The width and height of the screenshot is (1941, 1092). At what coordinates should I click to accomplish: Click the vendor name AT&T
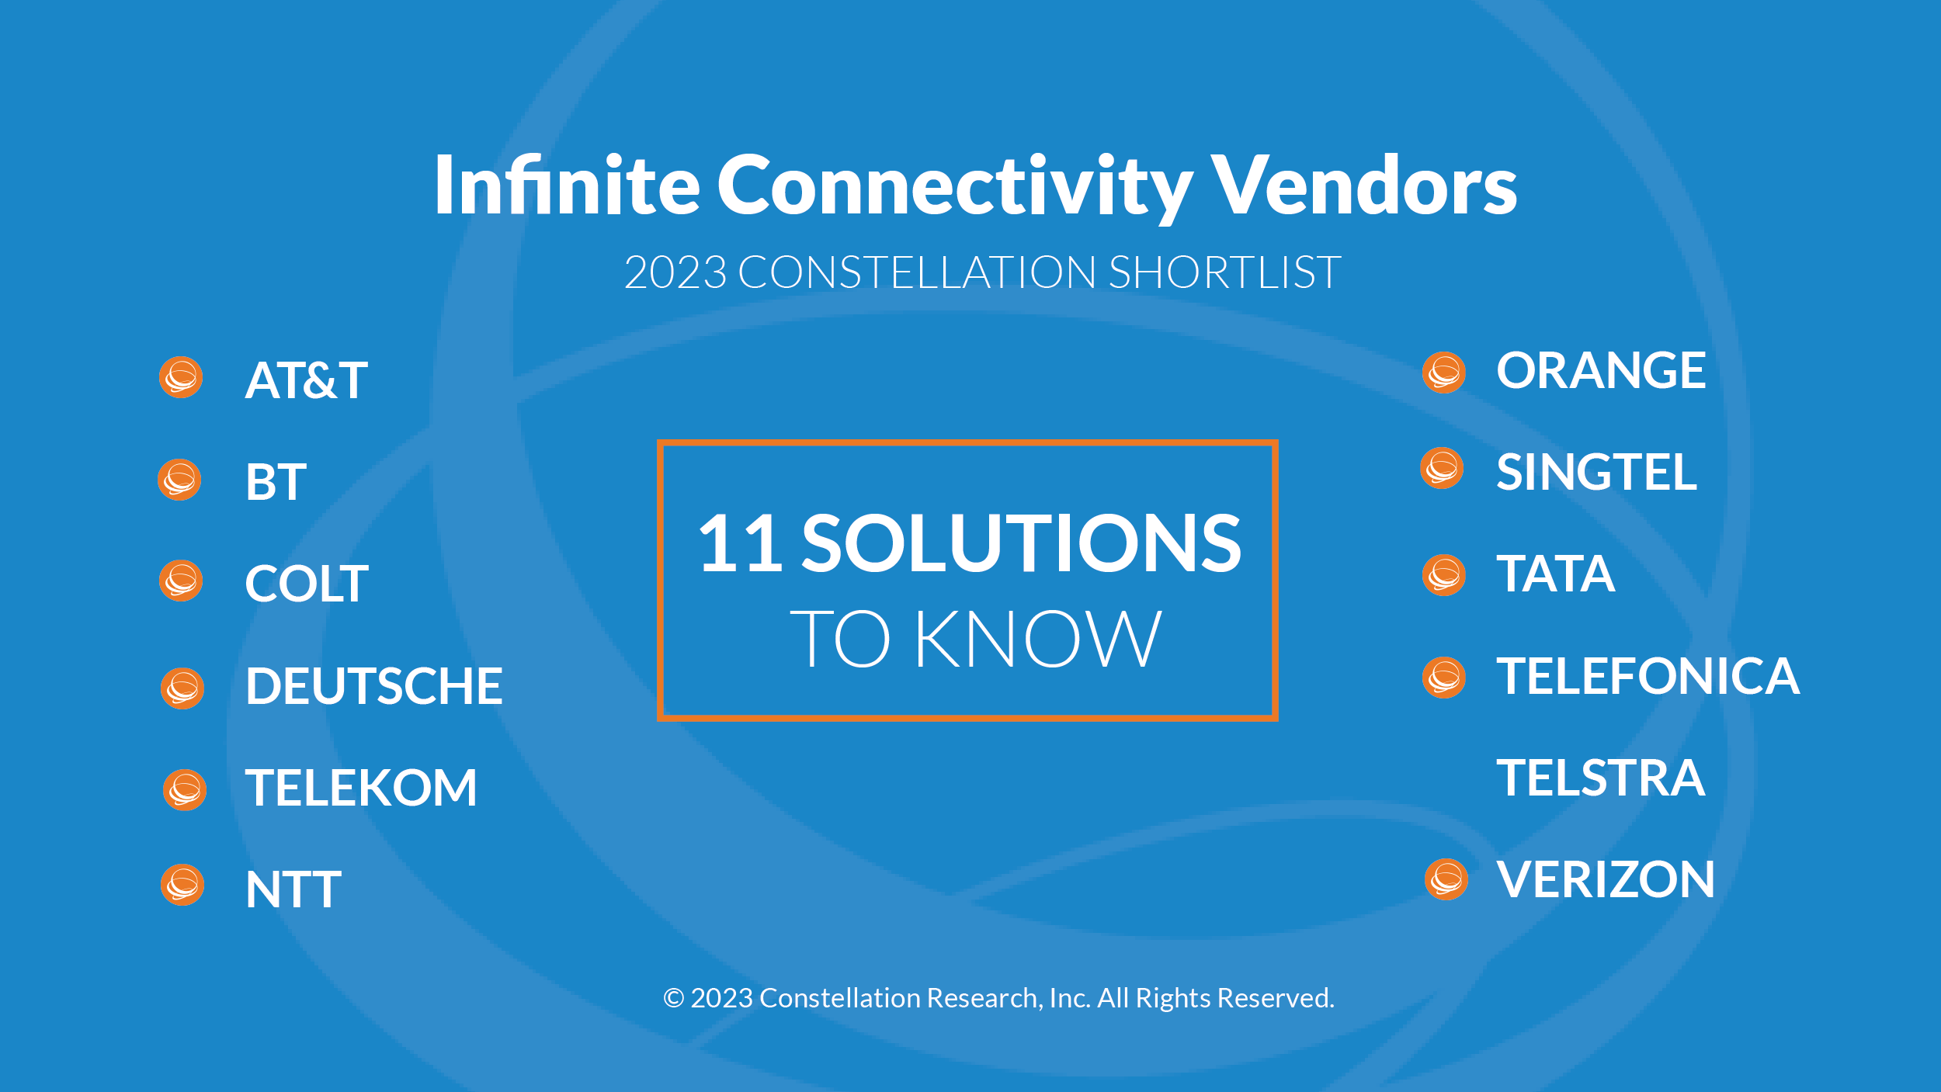(x=306, y=380)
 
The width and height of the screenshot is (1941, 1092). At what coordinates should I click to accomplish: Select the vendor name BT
(x=276, y=482)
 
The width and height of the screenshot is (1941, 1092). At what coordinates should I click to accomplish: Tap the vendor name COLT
(x=307, y=584)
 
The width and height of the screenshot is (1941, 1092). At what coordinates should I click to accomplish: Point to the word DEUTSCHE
(x=374, y=686)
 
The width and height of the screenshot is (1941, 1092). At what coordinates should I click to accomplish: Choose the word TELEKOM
(x=361, y=788)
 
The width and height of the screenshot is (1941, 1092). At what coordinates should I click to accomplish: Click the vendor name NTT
(x=293, y=889)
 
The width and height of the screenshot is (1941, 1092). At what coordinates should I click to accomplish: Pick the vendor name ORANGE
(x=1601, y=370)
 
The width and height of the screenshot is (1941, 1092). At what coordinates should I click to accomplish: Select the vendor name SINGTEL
(x=1596, y=473)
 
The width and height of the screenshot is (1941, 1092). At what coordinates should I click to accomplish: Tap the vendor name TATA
(x=1556, y=574)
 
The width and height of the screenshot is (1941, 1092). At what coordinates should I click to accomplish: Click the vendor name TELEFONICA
(x=1648, y=676)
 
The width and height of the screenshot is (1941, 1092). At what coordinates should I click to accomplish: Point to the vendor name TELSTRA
(x=1601, y=778)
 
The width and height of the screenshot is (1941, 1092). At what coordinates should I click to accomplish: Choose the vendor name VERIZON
(x=1606, y=880)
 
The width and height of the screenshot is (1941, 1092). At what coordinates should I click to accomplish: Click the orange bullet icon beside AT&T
(x=181, y=377)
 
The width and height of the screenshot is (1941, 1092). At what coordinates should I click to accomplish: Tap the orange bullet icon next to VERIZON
(x=1446, y=879)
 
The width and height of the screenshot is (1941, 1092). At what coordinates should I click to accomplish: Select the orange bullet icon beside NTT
(x=182, y=885)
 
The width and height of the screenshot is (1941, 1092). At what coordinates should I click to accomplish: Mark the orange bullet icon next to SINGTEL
(x=1442, y=468)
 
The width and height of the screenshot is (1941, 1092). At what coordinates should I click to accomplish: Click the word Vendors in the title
(x=1364, y=185)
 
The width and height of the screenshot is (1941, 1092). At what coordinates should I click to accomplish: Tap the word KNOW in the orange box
(x=1039, y=639)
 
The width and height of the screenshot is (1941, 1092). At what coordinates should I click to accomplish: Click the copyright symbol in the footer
(x=673, y=998)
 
